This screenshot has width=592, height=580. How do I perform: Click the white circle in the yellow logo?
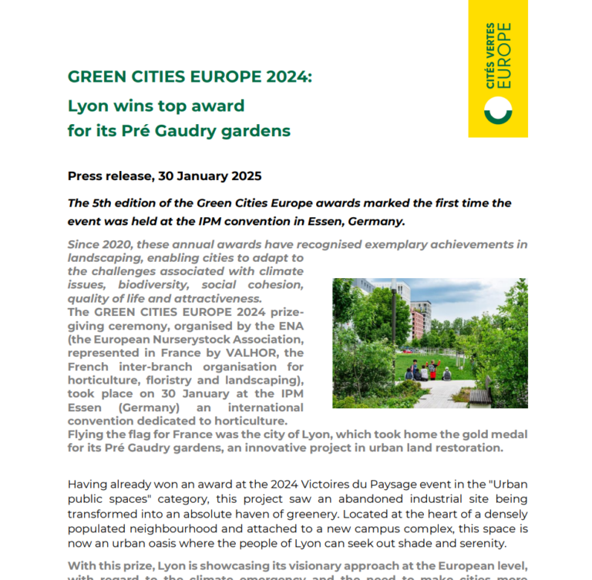click(498, 112)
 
